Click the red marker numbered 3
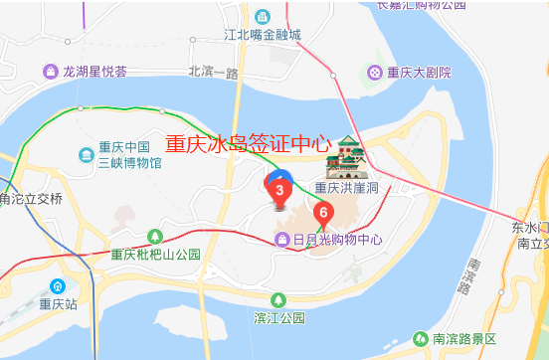(x=279, y=190)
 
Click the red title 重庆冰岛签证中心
(x=248, y=143)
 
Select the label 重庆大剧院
(x=419, y=73)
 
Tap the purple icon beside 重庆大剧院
(x=374, y=72)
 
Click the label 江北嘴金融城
(x=263, y=35)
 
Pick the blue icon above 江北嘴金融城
(x=263, y=16)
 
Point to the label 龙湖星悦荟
(x=94, y=72)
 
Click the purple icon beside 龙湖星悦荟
(x=51, y=72)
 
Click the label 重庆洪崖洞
(x=347, y=188)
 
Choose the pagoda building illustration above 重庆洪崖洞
(x=349, y=156)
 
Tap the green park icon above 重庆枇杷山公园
(x=154, y=236)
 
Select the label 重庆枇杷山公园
(x=156, y=255)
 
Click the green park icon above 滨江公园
(x=279, y=298)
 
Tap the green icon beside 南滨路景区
(x=421, y=338)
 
